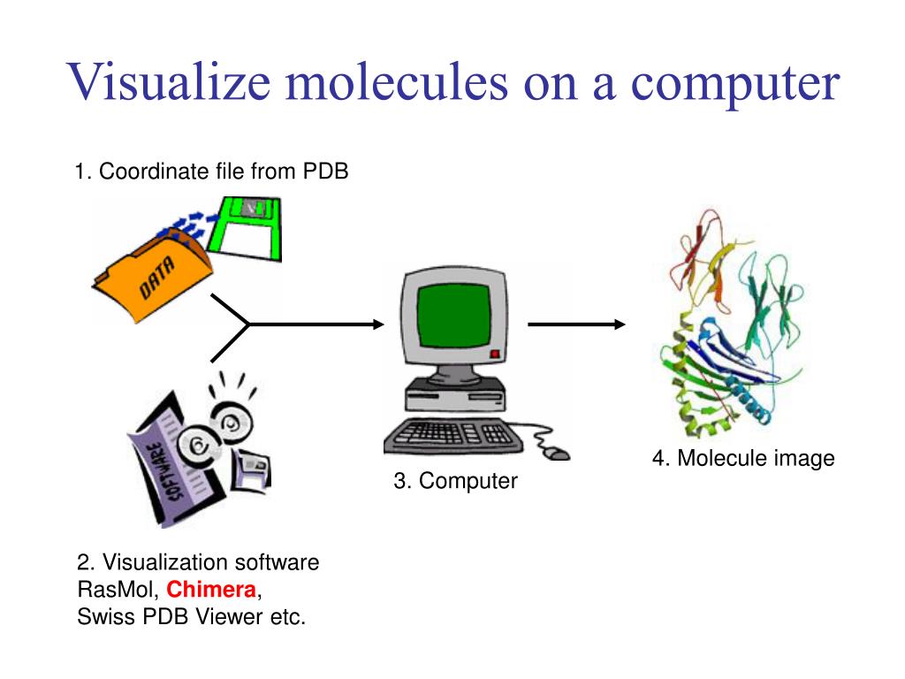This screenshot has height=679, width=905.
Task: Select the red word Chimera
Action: pos(212,590)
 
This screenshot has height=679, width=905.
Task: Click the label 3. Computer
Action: pos(455,481)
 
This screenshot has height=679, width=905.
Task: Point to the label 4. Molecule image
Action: pos(743,458)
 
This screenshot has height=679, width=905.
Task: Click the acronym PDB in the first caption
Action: pos(326,171)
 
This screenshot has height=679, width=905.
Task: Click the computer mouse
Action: pos(556,453)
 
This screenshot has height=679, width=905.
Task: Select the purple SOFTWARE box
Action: pos(168,464)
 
